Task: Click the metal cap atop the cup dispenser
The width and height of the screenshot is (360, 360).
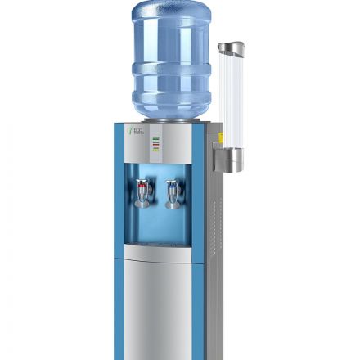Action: pos(231,48)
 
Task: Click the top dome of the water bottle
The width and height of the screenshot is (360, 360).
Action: pos(171,11)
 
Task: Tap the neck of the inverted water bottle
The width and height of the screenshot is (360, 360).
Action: pos(171,115)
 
